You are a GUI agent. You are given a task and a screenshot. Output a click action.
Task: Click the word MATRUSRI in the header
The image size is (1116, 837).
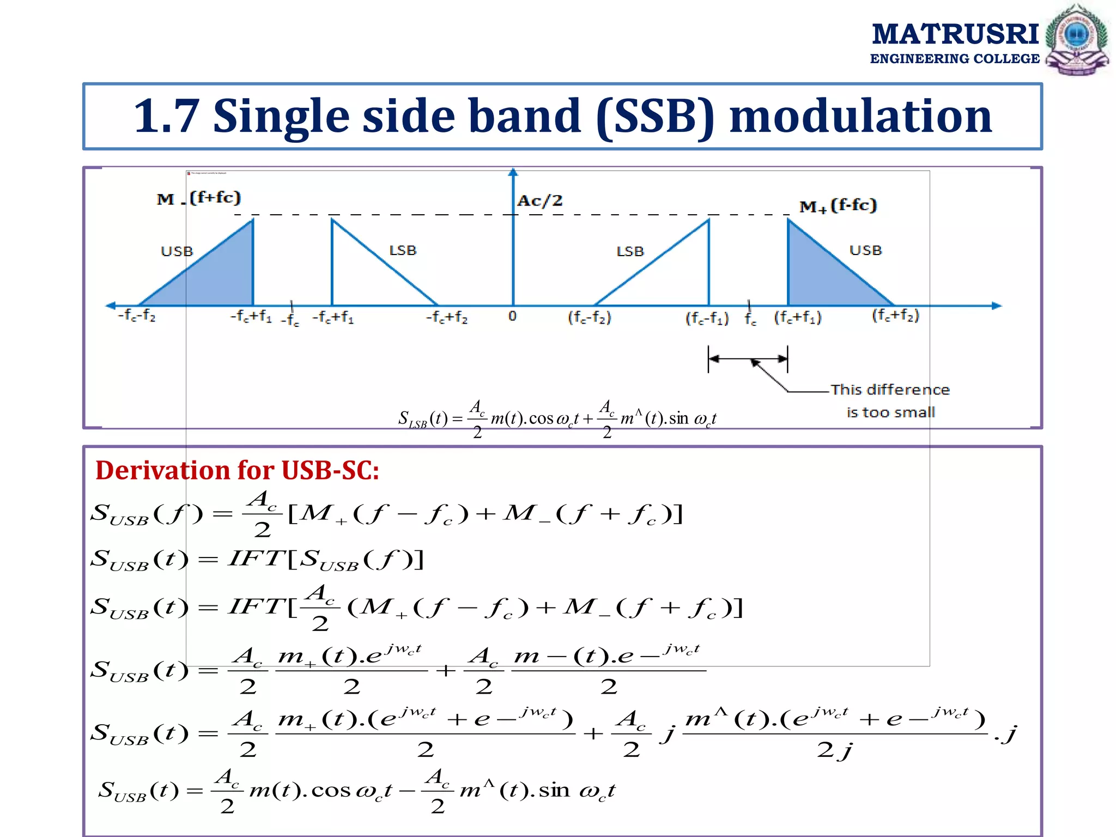click(x=955, y=34)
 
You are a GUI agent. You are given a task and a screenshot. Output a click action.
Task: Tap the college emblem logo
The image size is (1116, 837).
click(x=1077, y=40)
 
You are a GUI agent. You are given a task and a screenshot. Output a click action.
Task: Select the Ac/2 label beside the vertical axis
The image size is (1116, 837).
click(x=539, y=201)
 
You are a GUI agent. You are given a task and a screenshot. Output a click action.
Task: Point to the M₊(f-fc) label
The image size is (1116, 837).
click(x=838, y=206)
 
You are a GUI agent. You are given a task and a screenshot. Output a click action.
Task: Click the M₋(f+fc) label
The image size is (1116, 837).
click(x=199, y=198)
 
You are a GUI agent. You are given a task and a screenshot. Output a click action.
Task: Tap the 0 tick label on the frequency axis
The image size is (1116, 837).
click(x=512, y=316)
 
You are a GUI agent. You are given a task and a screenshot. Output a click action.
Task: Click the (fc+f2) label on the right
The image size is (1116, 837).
click(x=895, y=316)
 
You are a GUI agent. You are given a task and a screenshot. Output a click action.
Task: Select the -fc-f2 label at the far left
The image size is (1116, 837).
click(x=137, y=316)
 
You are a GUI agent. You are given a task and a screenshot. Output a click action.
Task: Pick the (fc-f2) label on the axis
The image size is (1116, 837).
click(x=590, y=317)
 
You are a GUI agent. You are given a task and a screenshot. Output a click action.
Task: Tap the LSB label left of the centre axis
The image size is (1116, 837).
click(x=403, y=251)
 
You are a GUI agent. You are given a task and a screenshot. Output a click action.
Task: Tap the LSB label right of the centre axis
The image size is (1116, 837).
click(x=630, y=252)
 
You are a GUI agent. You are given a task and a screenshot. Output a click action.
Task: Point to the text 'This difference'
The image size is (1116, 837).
click(x=890, y=390)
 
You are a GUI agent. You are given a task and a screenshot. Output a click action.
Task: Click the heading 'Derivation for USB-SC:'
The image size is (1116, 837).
click(x=237, y=470)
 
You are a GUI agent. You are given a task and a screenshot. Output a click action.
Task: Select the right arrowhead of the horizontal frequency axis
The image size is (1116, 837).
click(x=996, y=306)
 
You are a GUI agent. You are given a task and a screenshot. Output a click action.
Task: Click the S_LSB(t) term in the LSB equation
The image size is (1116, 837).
click(x=422, y=419)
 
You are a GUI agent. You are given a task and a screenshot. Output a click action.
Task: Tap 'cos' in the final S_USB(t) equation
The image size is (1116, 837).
click(x=331, y=791)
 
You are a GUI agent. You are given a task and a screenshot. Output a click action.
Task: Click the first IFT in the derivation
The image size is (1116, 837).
click(x=256, y=559)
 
